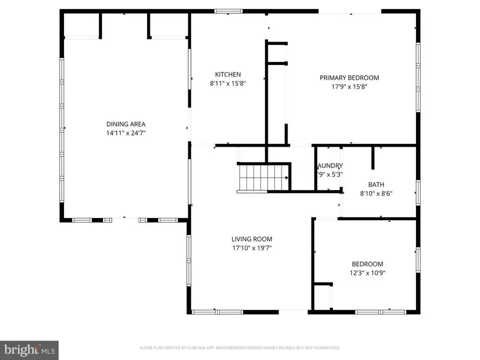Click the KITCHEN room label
click(x=228, y=75)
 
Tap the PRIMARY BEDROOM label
click(x=349, y=78)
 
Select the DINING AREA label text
click(x=126, y=124)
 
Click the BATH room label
click(x=376, y=185)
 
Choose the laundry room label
click(x=330, y=166)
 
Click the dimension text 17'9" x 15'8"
click(x=349, y=86)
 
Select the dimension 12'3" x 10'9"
click(x=367, y=273)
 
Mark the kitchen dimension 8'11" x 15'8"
click(x=228, y=83)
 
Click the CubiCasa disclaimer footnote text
click(x=240, y=348)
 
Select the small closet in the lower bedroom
click(x=323, y=295)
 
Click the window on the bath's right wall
click(x=418, y=191)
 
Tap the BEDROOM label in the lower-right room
click(x=367, y=264)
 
